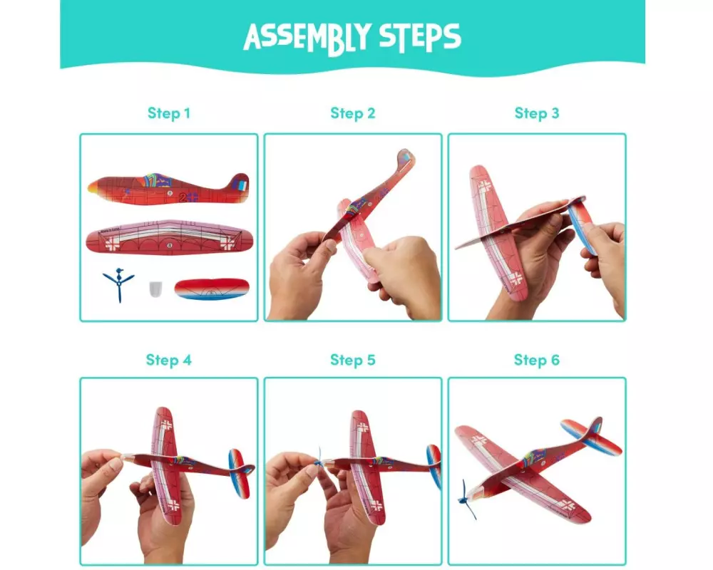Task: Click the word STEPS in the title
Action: click(x=420, y=37)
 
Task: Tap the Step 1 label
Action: click(x=169, y=113)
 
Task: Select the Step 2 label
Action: click(x=353, y=113)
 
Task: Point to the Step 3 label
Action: click(x=537, y=113)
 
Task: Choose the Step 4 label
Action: click(x=169, y=360)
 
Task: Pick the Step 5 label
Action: click(x=353, y=360)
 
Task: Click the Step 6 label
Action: click(x=537, y=360)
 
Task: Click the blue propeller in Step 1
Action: click(x=118, y=284)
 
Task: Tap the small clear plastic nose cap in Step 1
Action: click(x=155, y=289)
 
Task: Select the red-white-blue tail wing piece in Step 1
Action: click(x=212, y=289)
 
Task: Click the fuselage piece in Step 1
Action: click(x=169, y=189)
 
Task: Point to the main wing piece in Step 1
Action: click(x=169, y=237)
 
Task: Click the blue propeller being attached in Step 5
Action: click(x=319, y=462)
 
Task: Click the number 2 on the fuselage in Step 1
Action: click(x=183, y=197)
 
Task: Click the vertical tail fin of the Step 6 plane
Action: click(x=595, y=428)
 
